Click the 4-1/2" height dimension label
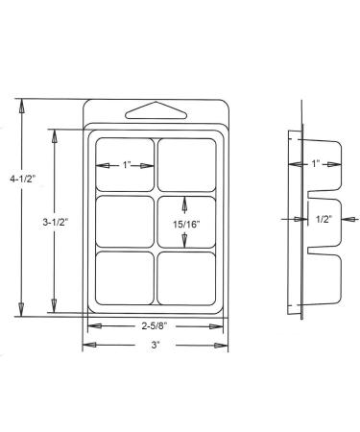click(x=22, y=180)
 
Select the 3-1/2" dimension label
click(x=56, y=222)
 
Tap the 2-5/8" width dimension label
click(x=155, y=326)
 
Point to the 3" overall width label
click(x=156, y=345)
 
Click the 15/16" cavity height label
click(x=186, y=225)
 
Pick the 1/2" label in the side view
click(x=324, y=219)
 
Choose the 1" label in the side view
click(x=316, y=164)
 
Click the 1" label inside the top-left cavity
click(x=127, y=165)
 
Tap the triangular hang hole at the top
click(x=156, y=111)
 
